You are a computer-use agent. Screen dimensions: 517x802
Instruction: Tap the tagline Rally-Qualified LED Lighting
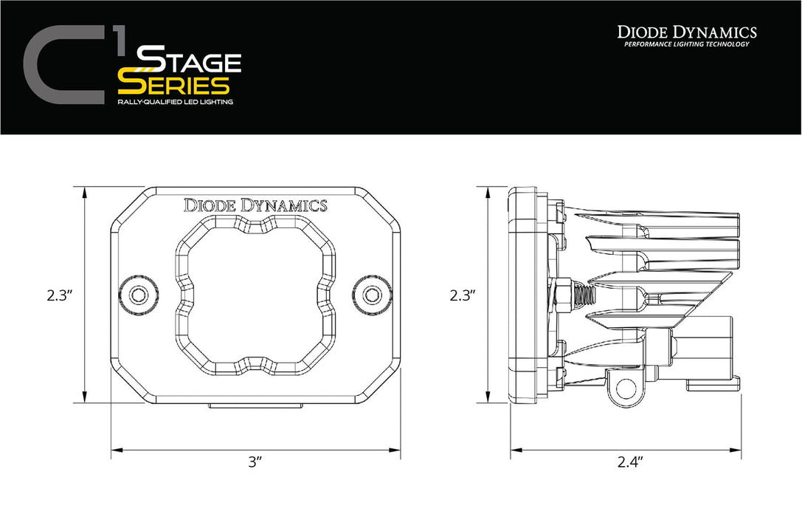coord(175,102)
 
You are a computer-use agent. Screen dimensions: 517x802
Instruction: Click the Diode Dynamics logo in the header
coord(686,32)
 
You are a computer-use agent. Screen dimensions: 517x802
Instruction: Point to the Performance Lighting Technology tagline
coord(686,44)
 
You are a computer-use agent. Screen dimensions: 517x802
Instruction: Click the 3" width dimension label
coord(255,462)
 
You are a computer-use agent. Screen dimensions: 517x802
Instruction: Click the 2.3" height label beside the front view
coord(59,295)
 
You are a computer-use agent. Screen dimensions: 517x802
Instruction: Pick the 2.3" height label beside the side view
coord(462,295)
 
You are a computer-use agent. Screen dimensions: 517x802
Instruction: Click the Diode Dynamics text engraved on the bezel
coord(255,205)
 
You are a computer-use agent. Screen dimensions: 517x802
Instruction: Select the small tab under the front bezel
coord(255,405)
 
